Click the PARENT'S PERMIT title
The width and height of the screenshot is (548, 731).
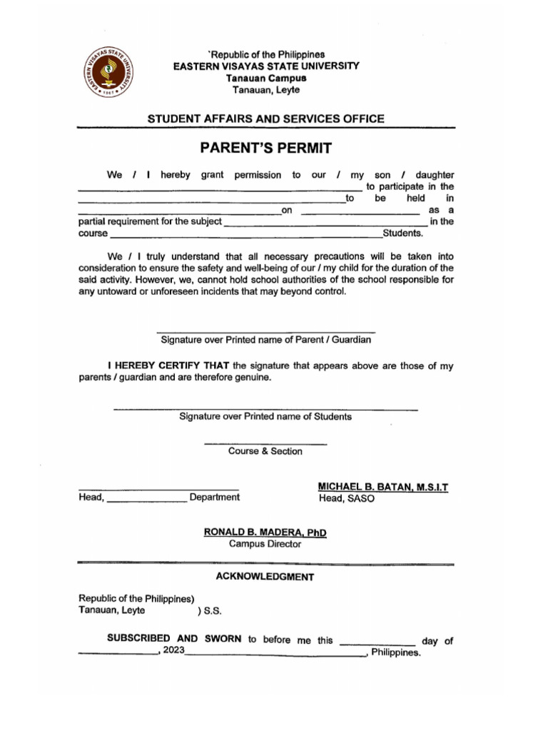click(x=266, y=148)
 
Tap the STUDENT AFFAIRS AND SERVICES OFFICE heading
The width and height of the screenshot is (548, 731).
click(x=265, y=119)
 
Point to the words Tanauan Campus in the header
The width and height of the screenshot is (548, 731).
click(x=266, y=78)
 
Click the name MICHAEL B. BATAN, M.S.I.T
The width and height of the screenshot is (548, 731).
click(x=383, y=486)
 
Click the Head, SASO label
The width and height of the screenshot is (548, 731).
click(x=346, y=498)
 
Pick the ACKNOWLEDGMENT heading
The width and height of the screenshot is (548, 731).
click(x=265, y=576)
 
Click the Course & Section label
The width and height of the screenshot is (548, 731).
click(x=265, y=451)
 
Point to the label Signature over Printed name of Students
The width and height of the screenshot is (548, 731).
click(x=265, y=416)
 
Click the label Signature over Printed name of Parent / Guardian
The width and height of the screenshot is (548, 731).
click(x=265, y=340)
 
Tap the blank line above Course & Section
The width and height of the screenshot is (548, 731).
click(x=265, y=444)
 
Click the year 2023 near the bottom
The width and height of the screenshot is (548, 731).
click(x=173, y=652)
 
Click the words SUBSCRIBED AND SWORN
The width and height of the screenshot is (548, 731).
click(x=175, y=640)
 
